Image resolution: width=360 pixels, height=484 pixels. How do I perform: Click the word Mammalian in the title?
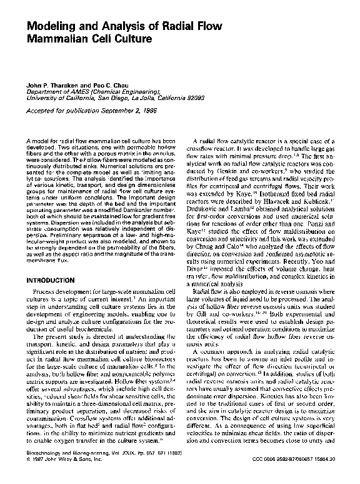coord(59,39)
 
